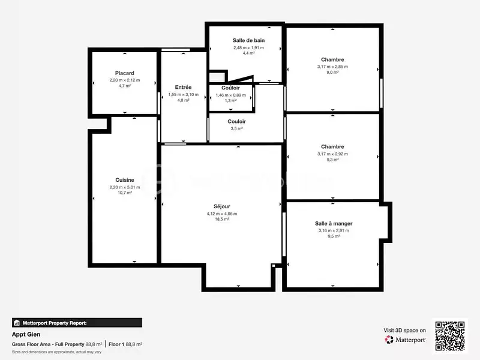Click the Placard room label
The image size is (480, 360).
click(125, 73)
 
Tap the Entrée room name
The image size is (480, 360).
click(183, 87)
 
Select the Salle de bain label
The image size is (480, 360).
click(248, 40)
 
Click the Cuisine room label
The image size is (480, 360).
click(125, 180)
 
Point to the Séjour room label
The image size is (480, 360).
click(221, 206)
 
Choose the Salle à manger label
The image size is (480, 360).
click(334, 223)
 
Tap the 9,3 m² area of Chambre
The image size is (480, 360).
click(332, 160)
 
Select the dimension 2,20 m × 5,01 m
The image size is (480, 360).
click(125, 187)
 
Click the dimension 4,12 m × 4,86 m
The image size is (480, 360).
click(221, 214)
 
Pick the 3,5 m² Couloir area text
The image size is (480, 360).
click(236, 128)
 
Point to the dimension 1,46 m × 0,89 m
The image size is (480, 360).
click(231, 95)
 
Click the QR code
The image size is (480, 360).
click(450, 336)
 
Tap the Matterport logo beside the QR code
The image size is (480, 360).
click(406, 340)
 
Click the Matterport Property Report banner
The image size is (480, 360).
click(77, 322)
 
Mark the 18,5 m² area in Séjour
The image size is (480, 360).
click(221, 220)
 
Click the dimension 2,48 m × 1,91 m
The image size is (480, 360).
click(248, 47)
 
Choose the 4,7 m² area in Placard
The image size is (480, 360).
click(125, 86)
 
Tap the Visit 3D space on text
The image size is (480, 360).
click(405, 330)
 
